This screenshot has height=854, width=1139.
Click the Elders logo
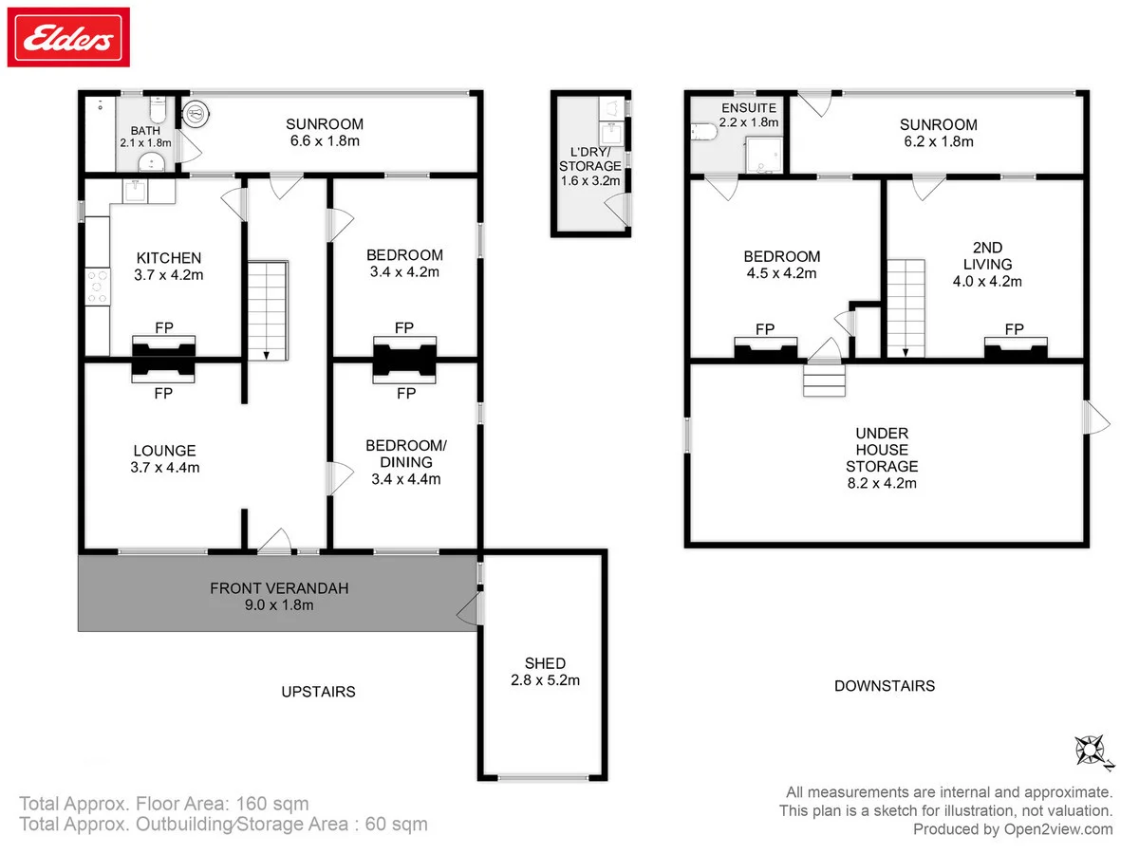coord(68,37)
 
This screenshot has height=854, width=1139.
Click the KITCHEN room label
coord(169,258)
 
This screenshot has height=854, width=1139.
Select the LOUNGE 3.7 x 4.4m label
coord(165,459)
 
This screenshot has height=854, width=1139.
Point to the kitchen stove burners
coord(98,287)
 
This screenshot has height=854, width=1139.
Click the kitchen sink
coord(136,191)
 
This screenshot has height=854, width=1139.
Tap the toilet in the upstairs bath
coord(158,108)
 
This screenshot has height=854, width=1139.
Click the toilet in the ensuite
coord(704,132)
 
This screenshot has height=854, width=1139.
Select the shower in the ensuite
coord(764,155)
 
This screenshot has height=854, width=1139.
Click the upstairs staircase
coord(268,310)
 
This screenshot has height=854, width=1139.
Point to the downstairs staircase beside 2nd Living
coord(906,308)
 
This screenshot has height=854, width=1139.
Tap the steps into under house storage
coord(824,381)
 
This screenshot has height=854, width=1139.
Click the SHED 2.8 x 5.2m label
coord(545,672)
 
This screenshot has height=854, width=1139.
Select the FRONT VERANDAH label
coord(279,588)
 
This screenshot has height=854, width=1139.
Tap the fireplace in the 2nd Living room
coord(1016,348)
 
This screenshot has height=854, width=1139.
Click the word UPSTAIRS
coord(318,692)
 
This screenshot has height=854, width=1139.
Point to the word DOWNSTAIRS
coord(885,686)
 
